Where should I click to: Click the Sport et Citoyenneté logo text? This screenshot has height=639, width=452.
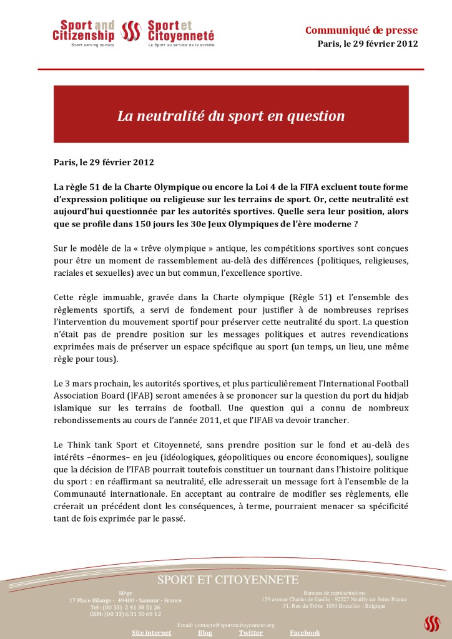pyautogui.click(x=180, y=31)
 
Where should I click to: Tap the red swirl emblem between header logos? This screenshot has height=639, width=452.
pyautogui.click(x=130, y=31)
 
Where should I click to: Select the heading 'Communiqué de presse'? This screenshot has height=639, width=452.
pyautogui.click(x=361, y=30)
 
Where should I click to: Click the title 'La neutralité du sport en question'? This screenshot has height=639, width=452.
pyautogui.click(x=231, y=115)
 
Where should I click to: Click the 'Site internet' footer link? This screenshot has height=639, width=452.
pyautogui.click(x=151, y=632)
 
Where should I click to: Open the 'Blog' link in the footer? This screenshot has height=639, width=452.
pyautogui.click(x=205, y=632)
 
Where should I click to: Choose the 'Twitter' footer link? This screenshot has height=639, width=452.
pyautogui.click(x=250, y=632)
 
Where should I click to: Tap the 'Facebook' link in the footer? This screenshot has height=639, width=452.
pyautogui.click(x=305, y=632)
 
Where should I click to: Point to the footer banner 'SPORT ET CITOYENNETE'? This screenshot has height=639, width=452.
pyautogui.click(x=228, y=580)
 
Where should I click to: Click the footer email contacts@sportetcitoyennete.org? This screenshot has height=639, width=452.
pyautogui.click(x=226, y=625)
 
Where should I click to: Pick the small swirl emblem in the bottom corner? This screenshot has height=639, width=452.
pyautogui.click(x=432, y=623)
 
